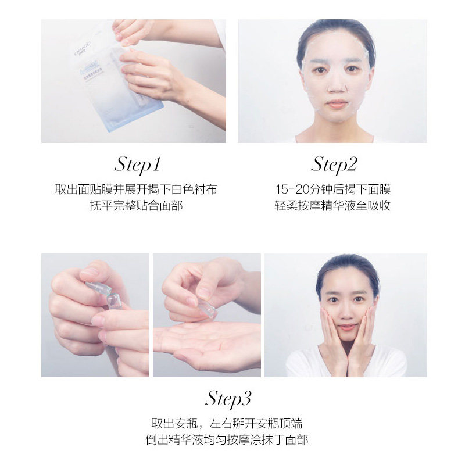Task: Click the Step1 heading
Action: (x=137, y=164)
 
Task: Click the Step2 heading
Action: (x=334, y=164)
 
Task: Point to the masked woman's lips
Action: (x=337, y=104)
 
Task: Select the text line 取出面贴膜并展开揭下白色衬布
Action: (x=135, y=190)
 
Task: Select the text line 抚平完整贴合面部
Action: (x=135, y=206)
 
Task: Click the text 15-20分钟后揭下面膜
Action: (x=332, y=190)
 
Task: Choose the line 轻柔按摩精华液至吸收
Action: (x=332, y=206)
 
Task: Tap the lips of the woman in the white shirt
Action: (x=346, y=327)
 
